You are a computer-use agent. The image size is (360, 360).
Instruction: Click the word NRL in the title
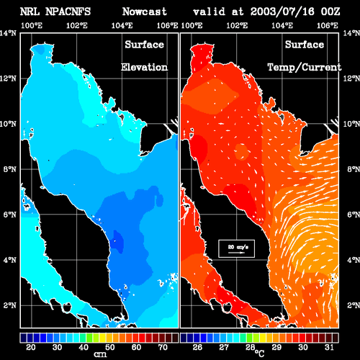(x=30, y=12)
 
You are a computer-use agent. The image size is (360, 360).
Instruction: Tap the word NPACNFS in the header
(x=68, y=12)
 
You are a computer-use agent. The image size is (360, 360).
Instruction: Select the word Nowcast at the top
(x=144, y=12)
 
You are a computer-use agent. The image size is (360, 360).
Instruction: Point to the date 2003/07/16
(x=282, y=12)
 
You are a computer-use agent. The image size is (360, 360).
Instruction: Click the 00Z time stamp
(x=330, y=12)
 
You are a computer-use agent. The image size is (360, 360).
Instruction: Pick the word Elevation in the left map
(x=144, y=67)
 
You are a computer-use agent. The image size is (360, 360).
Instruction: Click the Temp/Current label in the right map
(x=305, y=68)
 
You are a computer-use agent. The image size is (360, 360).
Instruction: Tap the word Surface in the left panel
(x=144, y=45)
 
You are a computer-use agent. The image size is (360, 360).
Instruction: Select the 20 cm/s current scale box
(x=236, y=248)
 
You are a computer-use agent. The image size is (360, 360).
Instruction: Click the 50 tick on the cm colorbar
(x=109, y=347)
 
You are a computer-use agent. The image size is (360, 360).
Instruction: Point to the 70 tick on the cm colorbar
(x=163, y=347)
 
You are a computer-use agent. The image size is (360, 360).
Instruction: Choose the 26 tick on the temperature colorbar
(x=197, y=347)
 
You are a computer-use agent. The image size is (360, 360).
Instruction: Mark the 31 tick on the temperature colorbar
(x=329, y=347)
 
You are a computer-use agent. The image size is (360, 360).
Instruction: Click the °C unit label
(x=259, y=353)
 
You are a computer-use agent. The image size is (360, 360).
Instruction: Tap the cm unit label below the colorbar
(x=100, y=354)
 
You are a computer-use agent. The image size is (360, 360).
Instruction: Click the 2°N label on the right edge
(x=354, y=305)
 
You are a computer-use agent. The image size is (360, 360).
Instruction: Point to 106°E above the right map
(x=328, y=25)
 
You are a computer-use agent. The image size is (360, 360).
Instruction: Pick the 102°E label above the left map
(x=77, y=25)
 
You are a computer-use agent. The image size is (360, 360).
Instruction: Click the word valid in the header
(x=210, y=12)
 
